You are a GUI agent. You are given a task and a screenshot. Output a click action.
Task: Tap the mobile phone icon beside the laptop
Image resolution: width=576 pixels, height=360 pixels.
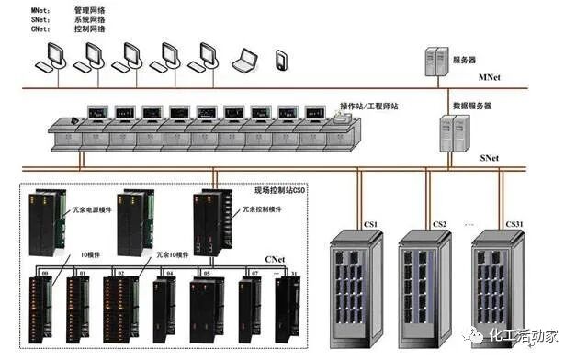click(281, 61)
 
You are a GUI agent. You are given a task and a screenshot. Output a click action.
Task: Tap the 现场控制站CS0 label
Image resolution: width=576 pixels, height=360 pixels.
click(279, 190)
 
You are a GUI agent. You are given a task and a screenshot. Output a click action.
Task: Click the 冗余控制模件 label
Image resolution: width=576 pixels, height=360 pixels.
click(263, 209)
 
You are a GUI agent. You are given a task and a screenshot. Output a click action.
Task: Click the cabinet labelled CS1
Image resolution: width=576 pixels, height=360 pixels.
click(356, 289)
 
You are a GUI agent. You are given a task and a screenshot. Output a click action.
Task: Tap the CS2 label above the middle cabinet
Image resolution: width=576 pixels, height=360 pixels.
click(439, 223)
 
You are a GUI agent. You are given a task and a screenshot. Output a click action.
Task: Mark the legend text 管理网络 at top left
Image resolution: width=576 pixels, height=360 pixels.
click(89, 9)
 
